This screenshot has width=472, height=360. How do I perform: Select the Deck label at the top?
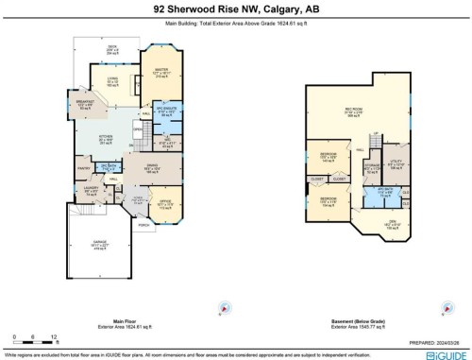[112, 49]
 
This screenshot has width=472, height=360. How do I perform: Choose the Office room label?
[166, 202]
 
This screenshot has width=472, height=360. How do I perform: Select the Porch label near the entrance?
[144, 225]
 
